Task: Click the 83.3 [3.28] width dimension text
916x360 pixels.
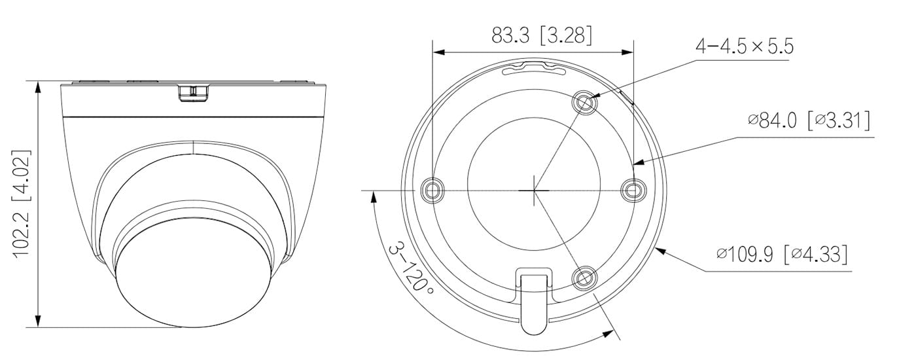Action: tap(542, 35)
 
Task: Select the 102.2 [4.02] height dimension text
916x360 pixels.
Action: tap(22, 204)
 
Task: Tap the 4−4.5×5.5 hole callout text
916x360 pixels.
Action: tap(745, 46)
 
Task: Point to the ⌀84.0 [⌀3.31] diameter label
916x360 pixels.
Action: tap(809, 121)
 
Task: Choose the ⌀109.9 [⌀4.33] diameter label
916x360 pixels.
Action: tap(782, 255)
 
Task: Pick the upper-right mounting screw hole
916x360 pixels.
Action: tap(584, 101)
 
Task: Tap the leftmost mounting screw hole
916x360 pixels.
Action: tap(432, 190)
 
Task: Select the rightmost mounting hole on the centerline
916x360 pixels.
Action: tap(633, 190)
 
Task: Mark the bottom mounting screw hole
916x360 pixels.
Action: tap(584, 278)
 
